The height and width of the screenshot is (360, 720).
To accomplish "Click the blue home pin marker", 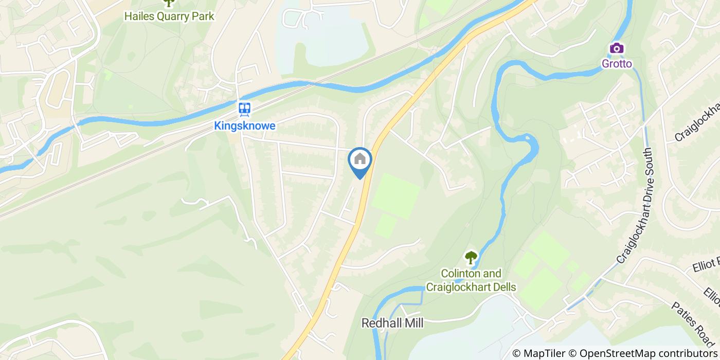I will pyautogui.click(x=360, y=162).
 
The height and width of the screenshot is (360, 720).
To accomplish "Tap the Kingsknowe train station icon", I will pyautogui.click(x=244, y=109).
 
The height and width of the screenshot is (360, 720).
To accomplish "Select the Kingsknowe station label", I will pyautogui.click(x=245, y=125).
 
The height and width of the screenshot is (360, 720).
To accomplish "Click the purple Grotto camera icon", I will pyautogui.click(x=617, y=48).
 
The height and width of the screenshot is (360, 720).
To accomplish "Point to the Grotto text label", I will pyautogui.click(x=617, y=64).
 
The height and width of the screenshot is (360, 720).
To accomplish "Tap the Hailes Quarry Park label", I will pyautogui.click(x=169, y=16).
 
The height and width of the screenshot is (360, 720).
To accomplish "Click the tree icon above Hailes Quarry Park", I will pyautogui.click(x=168, y=3).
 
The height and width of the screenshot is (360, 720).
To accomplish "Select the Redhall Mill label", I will pyautogui.click(x=392, y=323).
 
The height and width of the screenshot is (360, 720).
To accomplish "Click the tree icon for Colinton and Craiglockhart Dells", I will pyautogui.click(x=471, y=257).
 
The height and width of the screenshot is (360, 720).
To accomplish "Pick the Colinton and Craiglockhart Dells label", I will pyautogui.click(x=471, y=280).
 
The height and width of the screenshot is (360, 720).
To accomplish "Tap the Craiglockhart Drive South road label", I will pyautogui.click(x=634, y=206).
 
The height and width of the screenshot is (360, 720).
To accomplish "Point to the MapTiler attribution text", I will pyautogui.click(x=543, y=353).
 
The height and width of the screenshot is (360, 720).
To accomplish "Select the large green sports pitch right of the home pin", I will pyautogui.click(x=396, y=195).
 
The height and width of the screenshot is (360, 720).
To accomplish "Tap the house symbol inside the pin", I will pyautogui.click(x=360, y=159).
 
